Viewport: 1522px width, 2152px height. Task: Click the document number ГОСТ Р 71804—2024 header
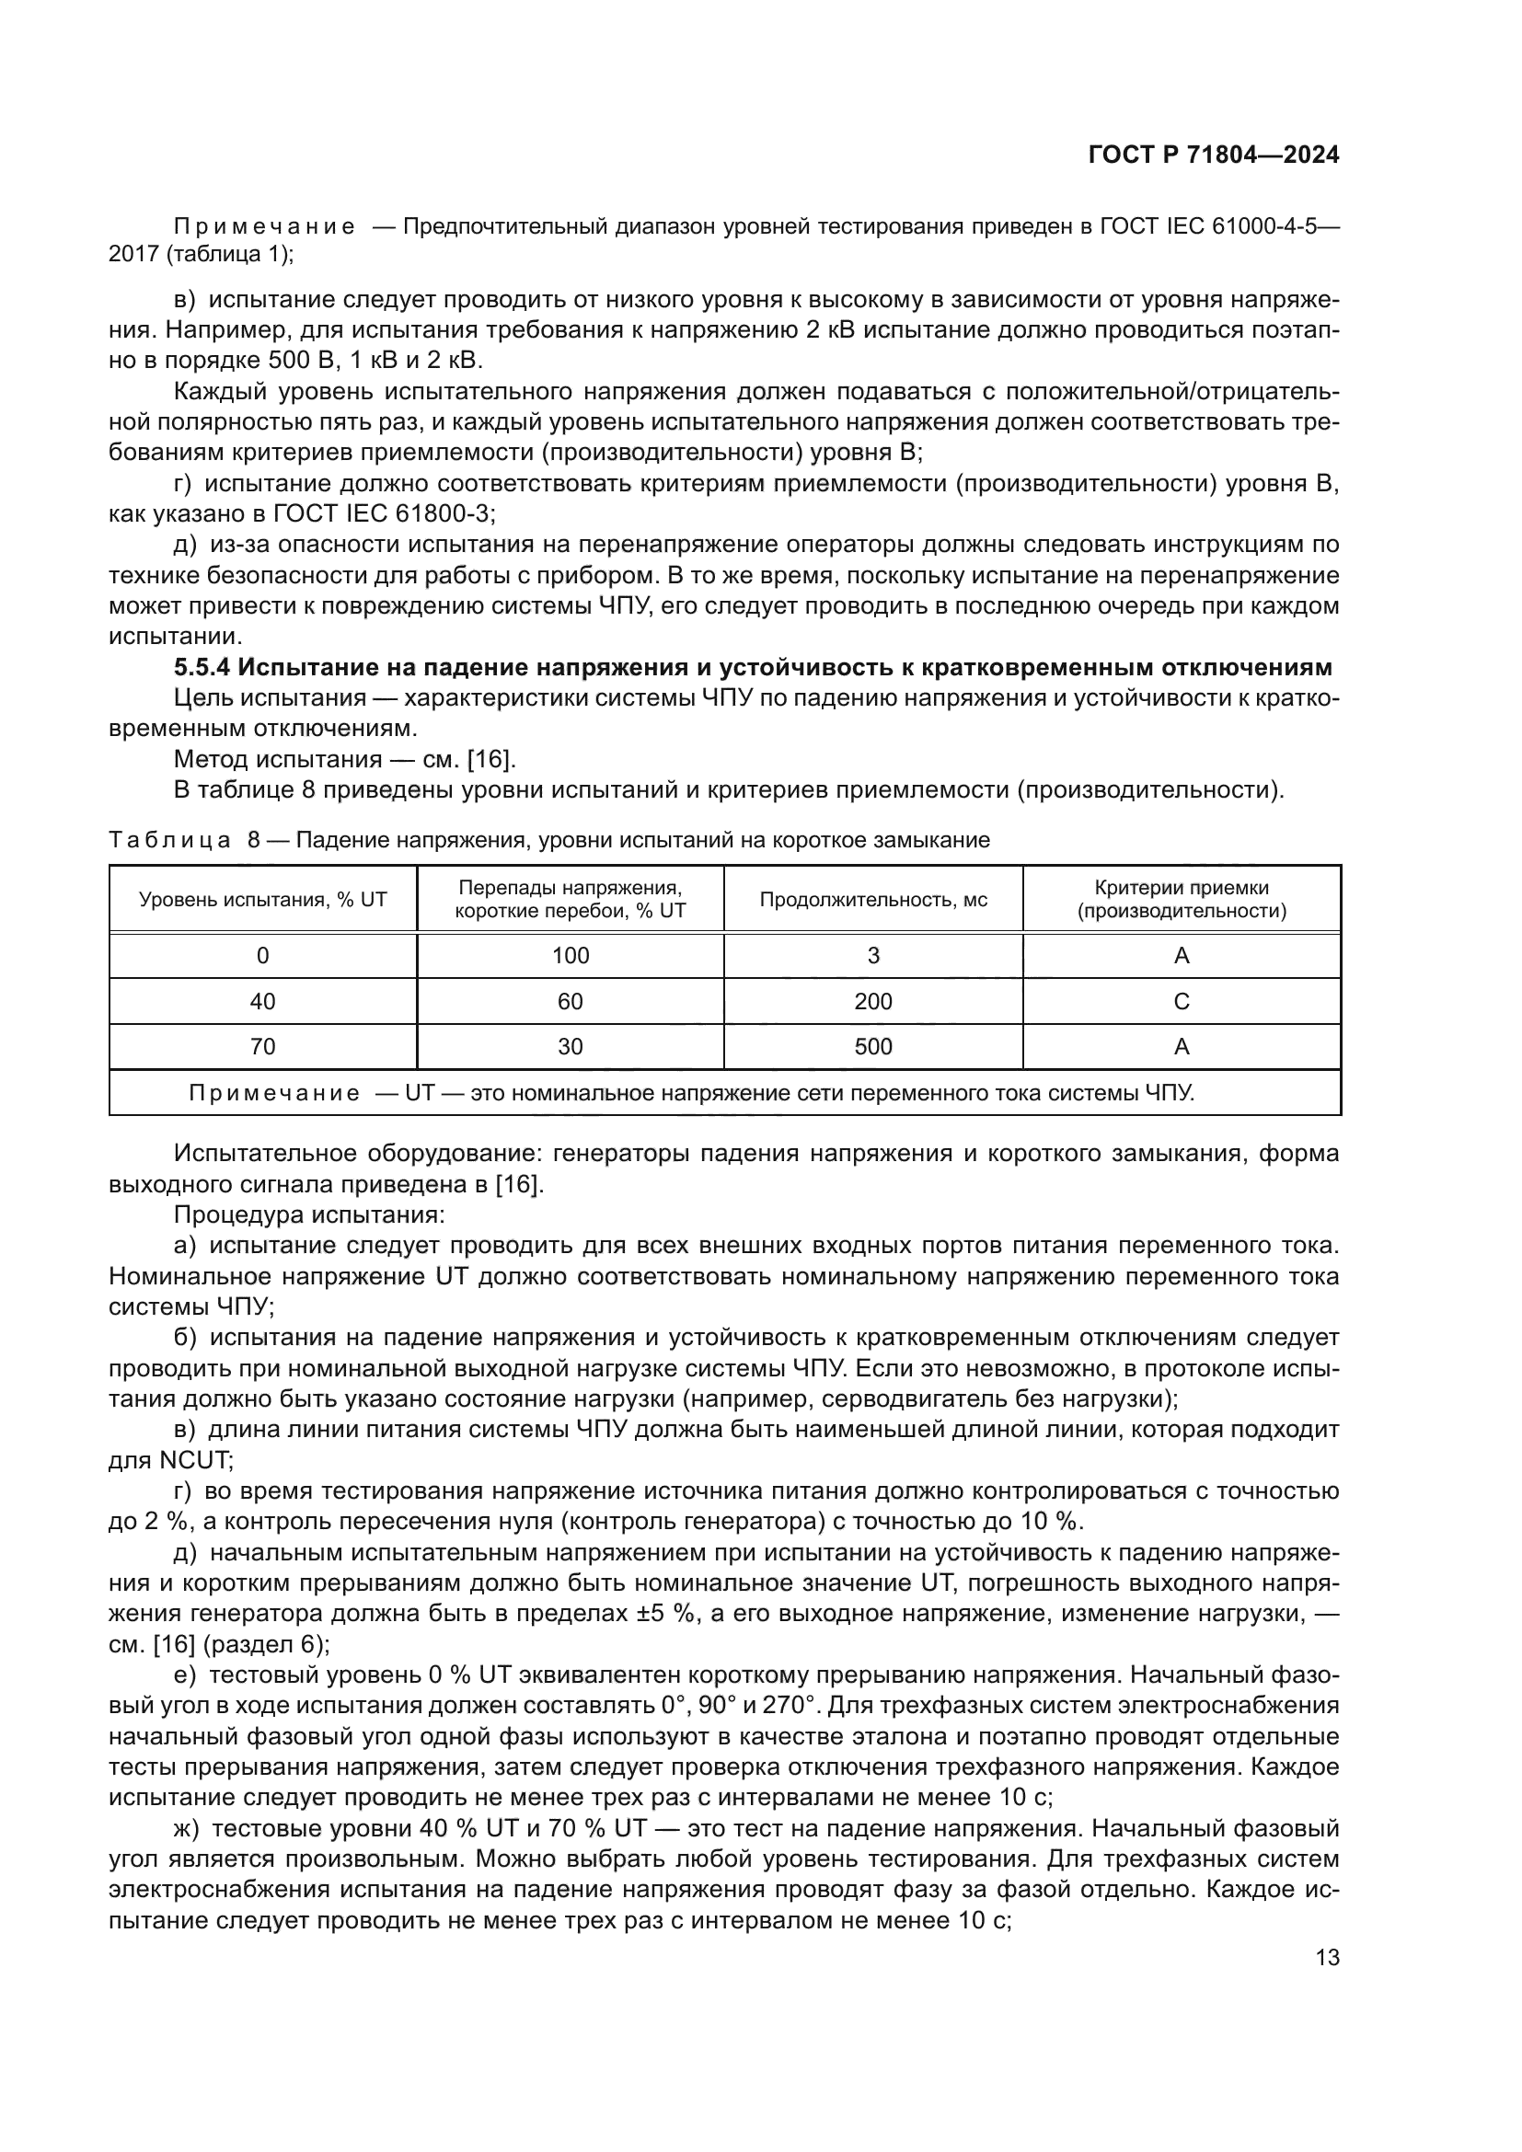click(1214, 155)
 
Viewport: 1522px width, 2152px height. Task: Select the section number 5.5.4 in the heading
click(202, 668)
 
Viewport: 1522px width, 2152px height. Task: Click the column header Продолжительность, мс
click(872, 900)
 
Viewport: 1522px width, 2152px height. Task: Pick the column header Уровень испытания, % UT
click(262, 900)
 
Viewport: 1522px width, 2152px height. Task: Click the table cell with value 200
click(872, 1002)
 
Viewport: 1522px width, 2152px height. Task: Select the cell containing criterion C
click(1181, 1002)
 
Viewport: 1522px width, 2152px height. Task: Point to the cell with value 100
click(570, 956)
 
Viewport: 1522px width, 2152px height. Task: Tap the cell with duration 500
click(872, 1047)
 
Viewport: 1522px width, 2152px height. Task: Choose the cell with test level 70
click(262, 1047)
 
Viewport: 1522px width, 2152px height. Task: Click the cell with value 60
click(570, 1002)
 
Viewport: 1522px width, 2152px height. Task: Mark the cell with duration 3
click(872, 956)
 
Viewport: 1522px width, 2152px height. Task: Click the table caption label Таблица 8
click(184, 840)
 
